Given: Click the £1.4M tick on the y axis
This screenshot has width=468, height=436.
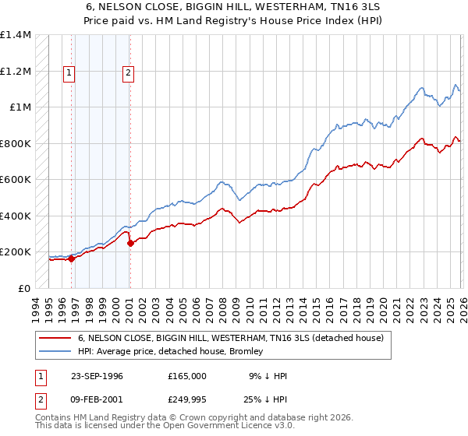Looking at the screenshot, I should point(16,35).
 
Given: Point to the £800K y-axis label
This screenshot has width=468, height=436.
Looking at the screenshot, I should point(16,143).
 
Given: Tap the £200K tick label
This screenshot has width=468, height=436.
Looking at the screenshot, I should point(16,252).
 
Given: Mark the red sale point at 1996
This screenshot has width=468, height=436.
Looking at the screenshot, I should point(71,259).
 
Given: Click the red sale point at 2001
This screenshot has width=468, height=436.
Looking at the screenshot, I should point(129,244).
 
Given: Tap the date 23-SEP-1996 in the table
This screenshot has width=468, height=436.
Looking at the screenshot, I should point(97,376).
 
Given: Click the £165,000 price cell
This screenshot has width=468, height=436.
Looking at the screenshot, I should point(187,376).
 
